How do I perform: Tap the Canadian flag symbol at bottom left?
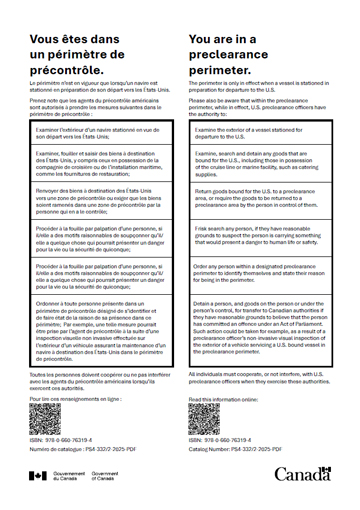point(40,474)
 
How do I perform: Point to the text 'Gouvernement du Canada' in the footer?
point(69,474)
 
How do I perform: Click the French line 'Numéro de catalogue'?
point(82,449)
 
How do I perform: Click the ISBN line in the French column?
point(61,440)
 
